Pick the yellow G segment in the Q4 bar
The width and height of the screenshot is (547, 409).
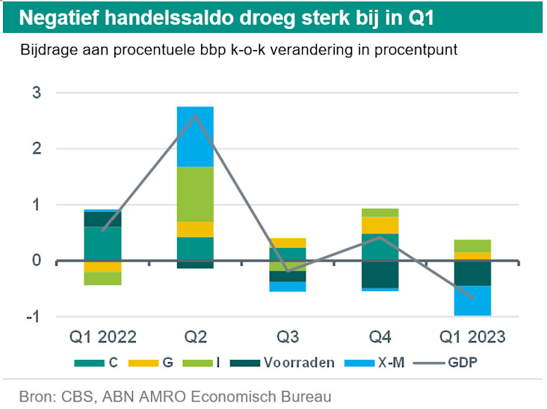tap(380, 225)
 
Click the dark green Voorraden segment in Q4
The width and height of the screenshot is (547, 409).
tap(380, 274)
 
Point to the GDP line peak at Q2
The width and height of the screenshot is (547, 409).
tap(195, 116)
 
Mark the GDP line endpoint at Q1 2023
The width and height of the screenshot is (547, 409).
tap(472, 296)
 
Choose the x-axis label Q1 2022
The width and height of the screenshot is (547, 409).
tap(103, 337)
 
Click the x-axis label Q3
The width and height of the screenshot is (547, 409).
tap(288, 337)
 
